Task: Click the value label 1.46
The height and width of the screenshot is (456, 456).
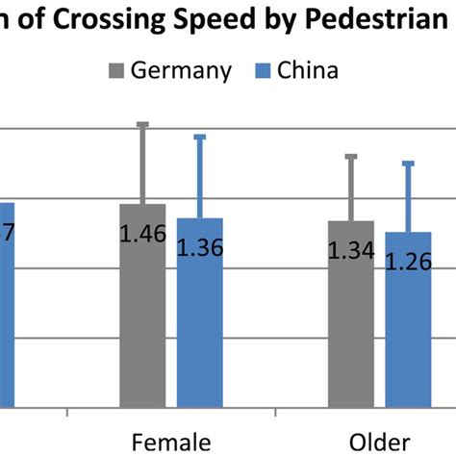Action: point(143,233)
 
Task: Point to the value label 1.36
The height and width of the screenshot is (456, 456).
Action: point(200,247)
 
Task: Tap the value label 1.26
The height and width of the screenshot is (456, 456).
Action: point(408,262)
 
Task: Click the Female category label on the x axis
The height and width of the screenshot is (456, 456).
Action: point(170,442)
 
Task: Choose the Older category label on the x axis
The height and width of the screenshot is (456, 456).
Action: point(377,442)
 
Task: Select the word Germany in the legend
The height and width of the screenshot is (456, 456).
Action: point(183,70)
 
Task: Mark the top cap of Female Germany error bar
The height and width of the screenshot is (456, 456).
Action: point(143,124)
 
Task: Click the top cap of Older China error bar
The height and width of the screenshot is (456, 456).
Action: point(408,163)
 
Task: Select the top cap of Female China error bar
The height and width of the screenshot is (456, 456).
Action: point(200,137)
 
